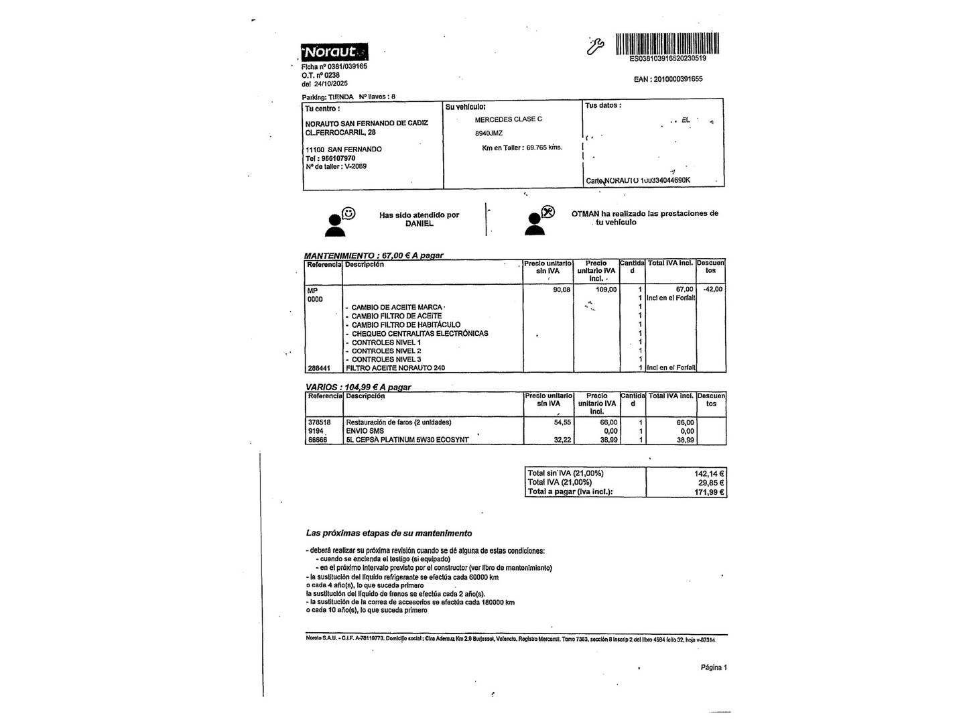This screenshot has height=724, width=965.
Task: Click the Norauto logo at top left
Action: [x=334, y=52]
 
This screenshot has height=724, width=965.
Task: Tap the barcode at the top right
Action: [x=667, y=43]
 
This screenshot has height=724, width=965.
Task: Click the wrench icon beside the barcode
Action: [x=595, y=45]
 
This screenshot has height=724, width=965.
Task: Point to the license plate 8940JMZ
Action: [x=489, y=133]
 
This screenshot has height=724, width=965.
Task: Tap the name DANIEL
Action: [x=420, y=224]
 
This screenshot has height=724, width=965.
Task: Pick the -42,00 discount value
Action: [x=712, y=290]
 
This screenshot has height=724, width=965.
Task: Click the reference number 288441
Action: [x=318, y=368]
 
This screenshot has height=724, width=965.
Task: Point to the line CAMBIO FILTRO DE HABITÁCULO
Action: [x=406, y=324]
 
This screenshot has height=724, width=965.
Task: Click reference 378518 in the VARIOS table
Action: [x=319, y=422]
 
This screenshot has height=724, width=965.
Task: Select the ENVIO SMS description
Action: [x=365, y=431]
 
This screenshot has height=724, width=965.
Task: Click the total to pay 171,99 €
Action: [x=709, y=492]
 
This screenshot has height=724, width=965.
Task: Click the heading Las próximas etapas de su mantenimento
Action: [x=389, y=534]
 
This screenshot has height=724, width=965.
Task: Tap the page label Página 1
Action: [x=714, y=667]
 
